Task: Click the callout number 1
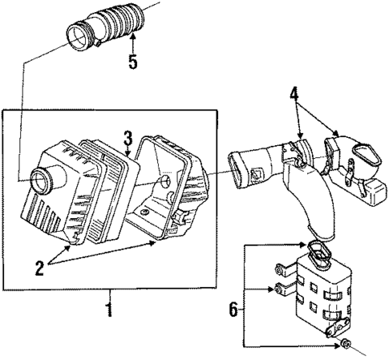[110, 306]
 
